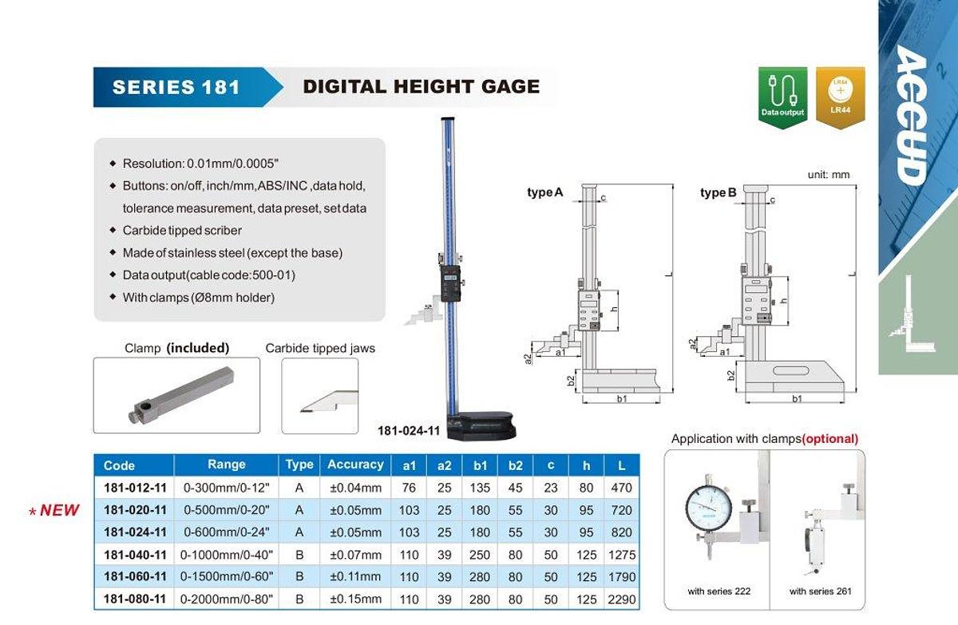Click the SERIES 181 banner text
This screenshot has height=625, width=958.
pyautogui.click(x=176, y=87)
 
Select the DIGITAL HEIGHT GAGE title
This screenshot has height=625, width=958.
pyautogui.click(x=421, y=86)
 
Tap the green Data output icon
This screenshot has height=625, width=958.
pyautogui.click(x=782, y=93)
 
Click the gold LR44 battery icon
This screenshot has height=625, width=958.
pyautogui.click(x=840, y=93)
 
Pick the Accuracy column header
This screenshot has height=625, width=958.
pyautogui.click(x=355, y=465)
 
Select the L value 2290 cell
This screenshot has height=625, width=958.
pyautogui.click(x=620, y=599)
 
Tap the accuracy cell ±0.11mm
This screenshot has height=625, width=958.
pyautogui.click(x=355, y=576)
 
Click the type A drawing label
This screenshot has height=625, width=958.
pyautogui.click(x=545, y=192)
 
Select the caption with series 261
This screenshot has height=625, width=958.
pyautogui.click(x=821, y=591)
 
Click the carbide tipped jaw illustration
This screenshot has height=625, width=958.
pyautogui.click(x=324, y=400)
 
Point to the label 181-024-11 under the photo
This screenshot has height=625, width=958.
pyautogui.click(x=409, y=431)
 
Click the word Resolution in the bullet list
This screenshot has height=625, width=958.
pyautogui.click(x=152, y=164)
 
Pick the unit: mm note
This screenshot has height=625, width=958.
pyautogui.click(x=829, y=174)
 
